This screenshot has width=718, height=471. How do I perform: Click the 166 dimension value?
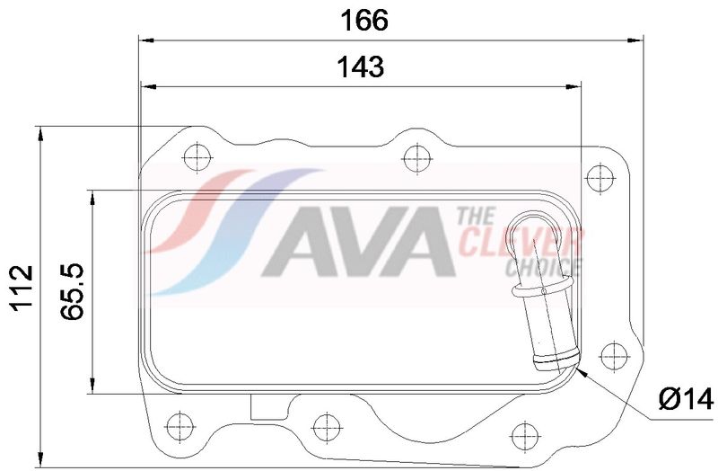pyautogui.click(x=364, y=21)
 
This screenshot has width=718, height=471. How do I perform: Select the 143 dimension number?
pyautogui.click(x=361, y=67)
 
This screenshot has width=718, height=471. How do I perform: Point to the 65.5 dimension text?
pyautogui.click(x=73, y=291)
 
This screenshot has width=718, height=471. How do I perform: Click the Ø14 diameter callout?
pyautogui.click(x=686, y=399)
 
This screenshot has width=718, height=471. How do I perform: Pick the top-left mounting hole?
pyautogui.click(x=197, y=157)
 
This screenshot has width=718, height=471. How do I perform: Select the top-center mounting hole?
pyautogui.click(x=416, y=159)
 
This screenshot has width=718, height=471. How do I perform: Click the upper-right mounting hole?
pyautogui.click(x=600, y=177)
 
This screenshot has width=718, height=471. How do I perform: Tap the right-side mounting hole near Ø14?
pyautogui.click(x=614, y=356)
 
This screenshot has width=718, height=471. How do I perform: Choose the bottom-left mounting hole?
pyautogui.click(x=180, y=427)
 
